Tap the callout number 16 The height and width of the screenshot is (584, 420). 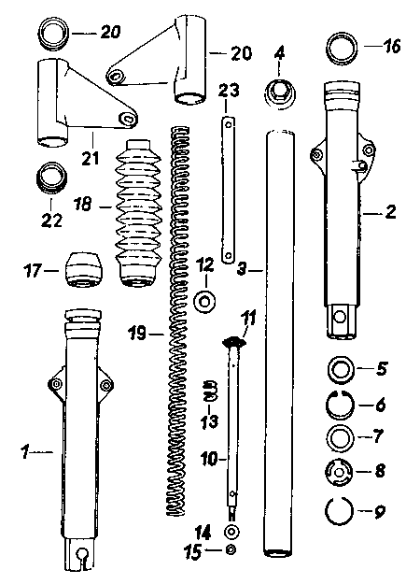click(390, 47)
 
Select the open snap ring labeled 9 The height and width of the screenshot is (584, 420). click(339, 511)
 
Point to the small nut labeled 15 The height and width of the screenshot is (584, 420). click(231, 548)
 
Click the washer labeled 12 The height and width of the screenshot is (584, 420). click(205, 301)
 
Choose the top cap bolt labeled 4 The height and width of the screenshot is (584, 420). click(279, 93)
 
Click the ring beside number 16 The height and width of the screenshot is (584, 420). click(342, 48)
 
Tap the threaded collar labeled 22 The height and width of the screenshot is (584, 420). click(51, 178)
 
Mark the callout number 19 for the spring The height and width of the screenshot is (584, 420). click(137, 333)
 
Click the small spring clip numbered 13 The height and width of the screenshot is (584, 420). click(209, 391)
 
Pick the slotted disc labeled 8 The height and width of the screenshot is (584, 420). click(339, 472)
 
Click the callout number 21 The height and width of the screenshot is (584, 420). click(91, 158)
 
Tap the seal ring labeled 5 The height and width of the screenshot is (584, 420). click(340, 369)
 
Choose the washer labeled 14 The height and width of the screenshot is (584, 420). click(231, 532)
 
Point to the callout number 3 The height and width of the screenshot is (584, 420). click(242, 268)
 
